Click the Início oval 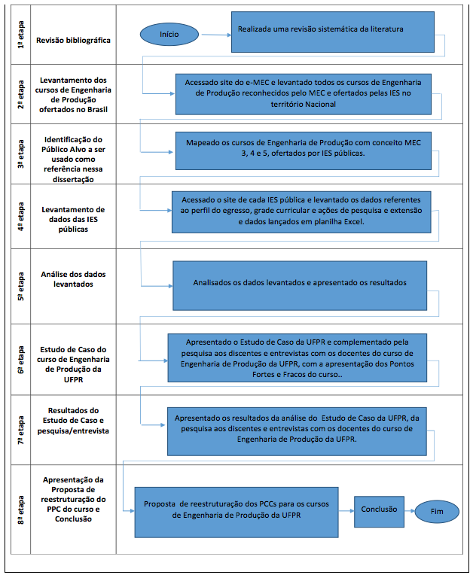point(169,35)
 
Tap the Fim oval point(437,511)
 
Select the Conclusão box point(379,512)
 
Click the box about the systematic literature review point(333,32)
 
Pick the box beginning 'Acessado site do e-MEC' point(304,94)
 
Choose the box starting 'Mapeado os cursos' point(304,151)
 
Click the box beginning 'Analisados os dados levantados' point(300,286)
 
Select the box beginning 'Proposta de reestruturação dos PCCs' point(236,513)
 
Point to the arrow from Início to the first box point(217,35)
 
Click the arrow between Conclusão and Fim point(410,511)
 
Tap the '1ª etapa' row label point(20,35)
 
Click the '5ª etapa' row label point(20,287)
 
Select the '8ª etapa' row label point(20,510)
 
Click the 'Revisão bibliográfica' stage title point(73,40)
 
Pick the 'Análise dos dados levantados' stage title point(73,279)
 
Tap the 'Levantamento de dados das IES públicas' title point(73,219)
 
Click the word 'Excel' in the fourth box point(353,221)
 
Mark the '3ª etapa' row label point(20,154)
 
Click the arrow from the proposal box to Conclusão point(346,511)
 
